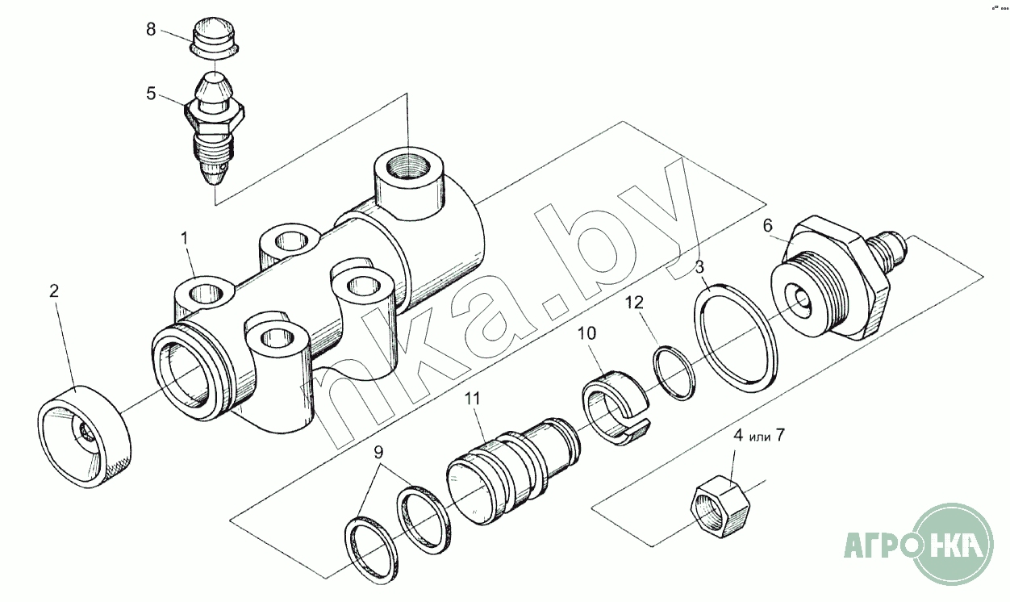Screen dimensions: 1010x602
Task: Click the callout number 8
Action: [151, 30]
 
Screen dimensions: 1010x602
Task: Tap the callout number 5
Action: [151, 94]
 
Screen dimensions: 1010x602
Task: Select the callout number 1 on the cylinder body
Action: [184, 239]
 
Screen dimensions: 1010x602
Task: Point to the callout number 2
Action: [54, 291]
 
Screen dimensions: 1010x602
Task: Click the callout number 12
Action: [634, 303]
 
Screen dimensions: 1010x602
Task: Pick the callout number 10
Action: [587, 334]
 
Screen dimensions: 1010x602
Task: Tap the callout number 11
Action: [473, 399]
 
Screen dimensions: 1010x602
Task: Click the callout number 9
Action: [379, 451]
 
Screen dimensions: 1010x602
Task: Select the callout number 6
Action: [768, 225]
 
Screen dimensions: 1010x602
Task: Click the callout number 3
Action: [699, 267]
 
